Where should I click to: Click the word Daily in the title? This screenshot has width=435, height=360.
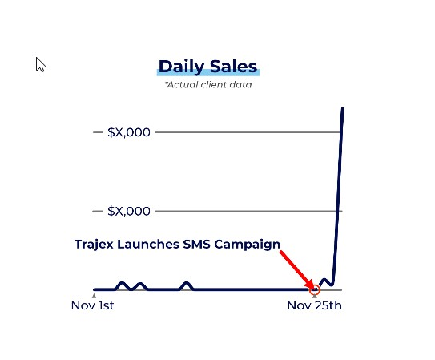pyautogui.click(x=181, y=67)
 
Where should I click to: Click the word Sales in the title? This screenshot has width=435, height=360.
pyautogui.click(x=233, y=67)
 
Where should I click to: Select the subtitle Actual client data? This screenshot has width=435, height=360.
pyautogui.click(x=208, y=84)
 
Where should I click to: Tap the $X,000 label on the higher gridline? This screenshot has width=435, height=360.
pyautogui.click(x=129, y=132)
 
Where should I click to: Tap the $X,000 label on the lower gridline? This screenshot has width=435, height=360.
pyautogui.click(x=129, y=211)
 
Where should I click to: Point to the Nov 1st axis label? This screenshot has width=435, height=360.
pyautogui.click(x=92, y=305)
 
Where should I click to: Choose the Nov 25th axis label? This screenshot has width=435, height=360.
pyautogui.click(x=314, y=305)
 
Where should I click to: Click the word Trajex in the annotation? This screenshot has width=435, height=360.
pyautogui.click(x=94, y=245)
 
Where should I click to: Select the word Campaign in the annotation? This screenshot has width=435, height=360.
pyautogui.click(x=248, y=245)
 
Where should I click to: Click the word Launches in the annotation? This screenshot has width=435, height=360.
pyautogui.click(x=148, y=245)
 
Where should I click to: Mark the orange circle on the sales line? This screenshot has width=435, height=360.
pyautogui.click(x=319, y=289)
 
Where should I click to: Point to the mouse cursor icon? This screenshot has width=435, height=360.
pyautogui.click(x=40, y=65)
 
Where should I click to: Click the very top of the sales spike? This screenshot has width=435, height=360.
pyautogui.click(x=343, y=108)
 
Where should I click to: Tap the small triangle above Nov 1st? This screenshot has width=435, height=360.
pyautogui.click(x=94, y=296)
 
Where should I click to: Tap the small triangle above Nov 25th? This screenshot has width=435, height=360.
pyautogui.click(x=314, y=296)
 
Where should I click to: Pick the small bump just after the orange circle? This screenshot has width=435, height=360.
pyautogui.click(x=324, y=280)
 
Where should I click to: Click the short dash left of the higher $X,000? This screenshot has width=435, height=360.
pyautogui.click(x=98, y=132)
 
